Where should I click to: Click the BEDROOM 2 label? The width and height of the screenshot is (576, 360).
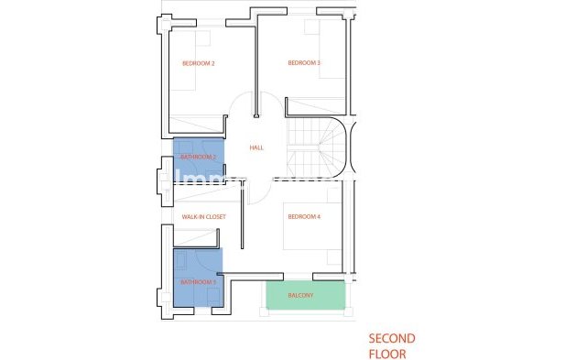tap(198, 63)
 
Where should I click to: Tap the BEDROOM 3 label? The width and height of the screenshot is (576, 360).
tap(304, 63)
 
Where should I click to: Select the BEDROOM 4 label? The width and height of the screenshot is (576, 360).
tap(304, 217)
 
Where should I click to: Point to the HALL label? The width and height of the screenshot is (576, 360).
tap(256, 147)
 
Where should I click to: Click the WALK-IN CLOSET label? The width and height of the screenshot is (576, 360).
tap(203, 217)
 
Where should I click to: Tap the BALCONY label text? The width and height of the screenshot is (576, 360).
tap(301, 296)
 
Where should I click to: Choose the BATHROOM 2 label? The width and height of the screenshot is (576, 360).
tap(198, 157)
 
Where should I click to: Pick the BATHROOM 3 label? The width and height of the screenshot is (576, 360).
tap(198, 282)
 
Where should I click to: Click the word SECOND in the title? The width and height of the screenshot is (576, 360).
tap(392, 338)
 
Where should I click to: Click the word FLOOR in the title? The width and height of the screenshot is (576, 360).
tap(386, 352)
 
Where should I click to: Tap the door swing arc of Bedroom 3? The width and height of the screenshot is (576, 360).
tap(271, 103)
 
